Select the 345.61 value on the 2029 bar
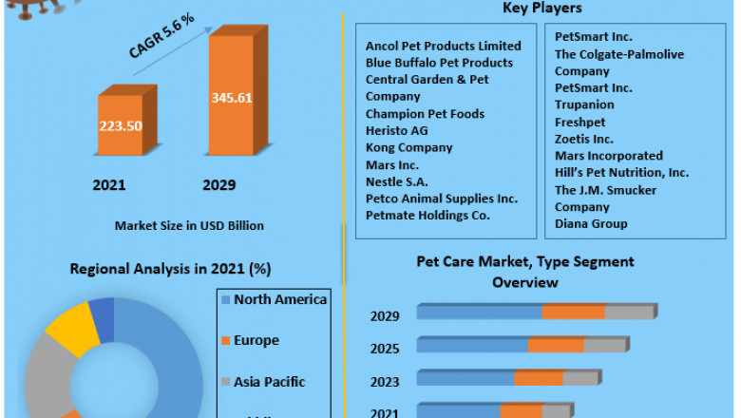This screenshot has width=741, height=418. pyautogui.click(x=231, y=98)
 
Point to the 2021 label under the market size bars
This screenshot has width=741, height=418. pyautogui.click(x=109, y=185)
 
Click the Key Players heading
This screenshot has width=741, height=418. pyautogui.click(x=542, y=9)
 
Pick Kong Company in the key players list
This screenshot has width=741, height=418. pyautogui.click(x=408, y=147)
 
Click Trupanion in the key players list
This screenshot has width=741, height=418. pyautogui.click(x=584, y=104)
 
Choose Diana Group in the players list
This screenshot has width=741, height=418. pyautogui.click(x=591, y=224)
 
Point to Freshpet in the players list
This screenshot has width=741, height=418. pyautogui.click(x=579, y=122)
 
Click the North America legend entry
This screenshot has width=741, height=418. pyautogui.click(x=280, y=299)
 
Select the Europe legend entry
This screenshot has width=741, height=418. pyautogui.click(x=256, y=340)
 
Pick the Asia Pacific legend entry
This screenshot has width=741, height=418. pyautogui.click(x=270, y=382)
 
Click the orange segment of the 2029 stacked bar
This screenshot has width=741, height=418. pyautogui.click(x=574, y=312)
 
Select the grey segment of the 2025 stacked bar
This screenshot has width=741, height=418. pyautogui.click(x=605, y=345)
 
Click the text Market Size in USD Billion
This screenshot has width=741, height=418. pyautogui.click(x=189, y=226)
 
